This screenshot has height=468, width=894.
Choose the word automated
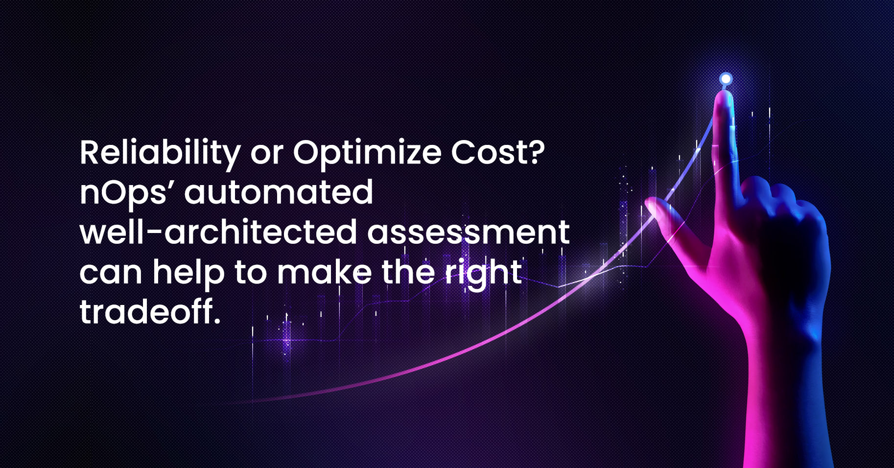[x=279, y=192]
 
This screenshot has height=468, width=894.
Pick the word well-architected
[x=218, y=232]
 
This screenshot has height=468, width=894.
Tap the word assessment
[x=469, y=232]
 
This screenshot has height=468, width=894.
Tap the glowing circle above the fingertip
[x=726, y=79]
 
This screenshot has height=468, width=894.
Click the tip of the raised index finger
[x=724, y=94]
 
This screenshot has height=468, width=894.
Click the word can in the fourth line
[x=111, y=274]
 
